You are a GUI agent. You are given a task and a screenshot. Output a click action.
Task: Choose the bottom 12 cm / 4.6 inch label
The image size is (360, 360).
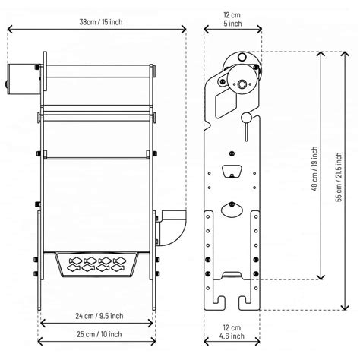pyautogui.click(x=232, y=330)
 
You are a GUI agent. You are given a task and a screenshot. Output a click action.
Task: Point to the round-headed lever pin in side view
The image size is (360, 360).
pyautogui.click(x=247, y=119)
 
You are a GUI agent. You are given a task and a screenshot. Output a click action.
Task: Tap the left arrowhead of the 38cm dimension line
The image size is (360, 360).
pyautogui.click(x=8, y=30)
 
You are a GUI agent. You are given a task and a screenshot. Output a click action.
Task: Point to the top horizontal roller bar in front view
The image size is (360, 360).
pyautogui.click(x=99, y=75)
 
